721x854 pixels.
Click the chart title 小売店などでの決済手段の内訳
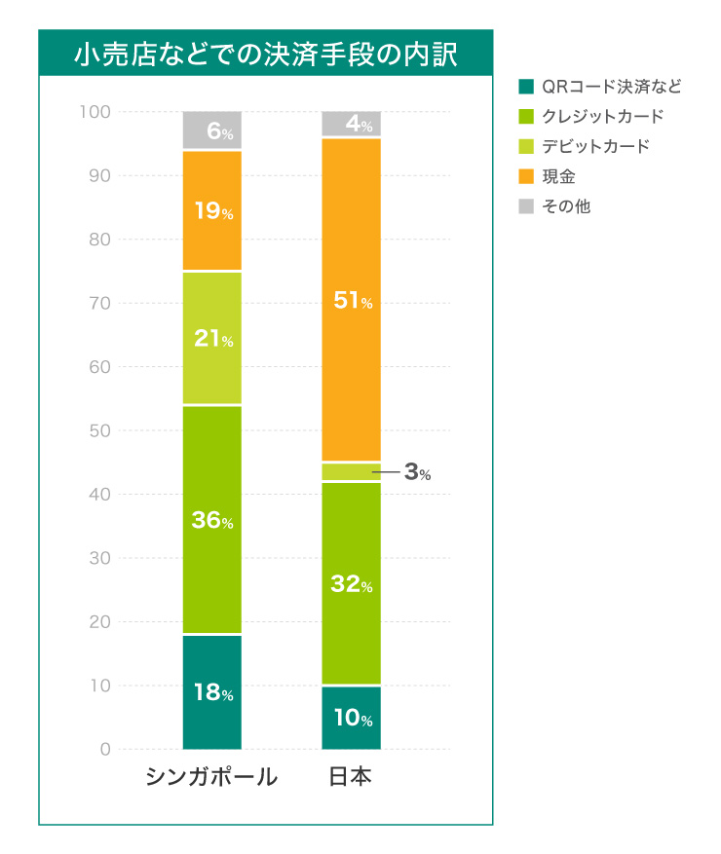tap(265, 53)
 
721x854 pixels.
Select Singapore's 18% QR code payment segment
tap(212, 692)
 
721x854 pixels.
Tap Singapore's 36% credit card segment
tap(212, 520)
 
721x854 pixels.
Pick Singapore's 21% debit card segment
tap(212, 339)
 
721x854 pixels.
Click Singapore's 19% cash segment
tap(212, 211)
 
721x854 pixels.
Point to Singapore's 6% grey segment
tap(212, 130)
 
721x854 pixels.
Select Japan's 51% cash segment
tap(352, 301)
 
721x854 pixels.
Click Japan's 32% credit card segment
tap(352, 583)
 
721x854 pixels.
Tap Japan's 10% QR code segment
tap(352, 719)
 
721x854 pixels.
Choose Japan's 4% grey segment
tap(352, 125)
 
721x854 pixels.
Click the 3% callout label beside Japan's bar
tap(417, 473)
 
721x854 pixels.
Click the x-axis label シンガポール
tap(211, 777)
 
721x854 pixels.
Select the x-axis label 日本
tap(351, 777)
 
